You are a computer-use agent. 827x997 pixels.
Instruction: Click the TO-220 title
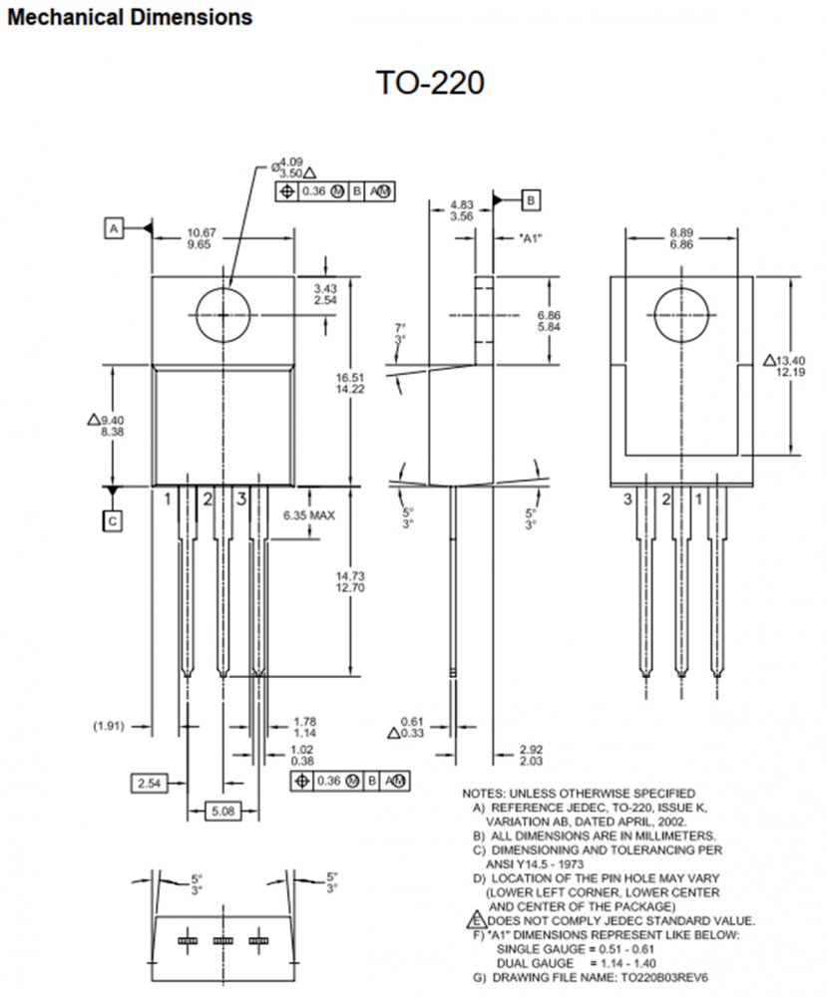[x=430, y=83]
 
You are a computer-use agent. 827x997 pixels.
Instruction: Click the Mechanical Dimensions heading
[x=130, y=17]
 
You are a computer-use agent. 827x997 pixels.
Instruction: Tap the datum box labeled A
[x=114, y=228]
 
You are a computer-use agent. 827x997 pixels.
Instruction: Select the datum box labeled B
[x=531, y=200]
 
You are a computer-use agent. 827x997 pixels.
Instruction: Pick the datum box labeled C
[x=113, y=521]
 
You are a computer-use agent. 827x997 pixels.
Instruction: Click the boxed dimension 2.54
[x=150, y=783]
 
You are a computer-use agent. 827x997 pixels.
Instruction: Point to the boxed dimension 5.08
[x=223, y=811]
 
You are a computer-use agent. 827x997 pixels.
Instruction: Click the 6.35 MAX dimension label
[x=308, y=515]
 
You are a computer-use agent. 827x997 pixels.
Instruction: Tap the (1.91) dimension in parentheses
[x=109, y=726]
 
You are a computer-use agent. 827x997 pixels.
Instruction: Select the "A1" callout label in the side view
[x=531, y=238]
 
